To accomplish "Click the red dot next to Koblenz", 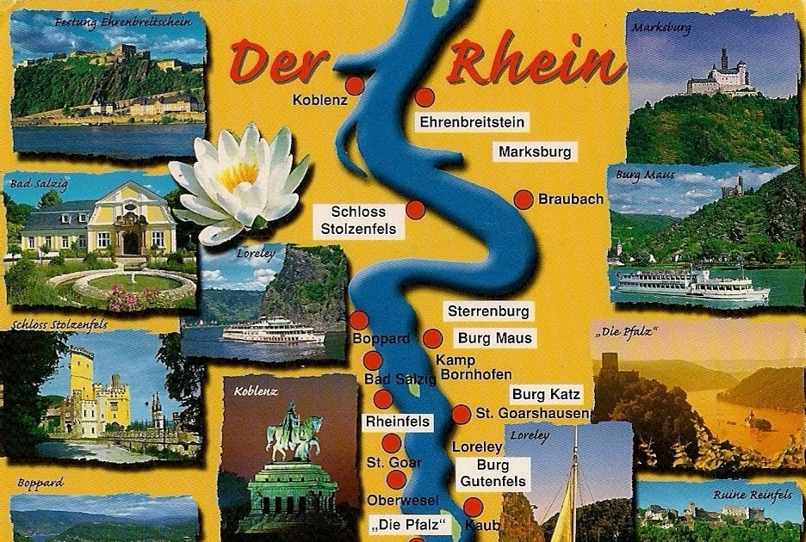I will (x=355, y=86).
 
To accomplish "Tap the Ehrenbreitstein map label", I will (x=472, y=122).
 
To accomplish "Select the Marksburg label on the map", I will (x=535, y=152).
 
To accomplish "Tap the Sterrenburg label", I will (x=488, y=311).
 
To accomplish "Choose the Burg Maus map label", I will (x=495, y=338).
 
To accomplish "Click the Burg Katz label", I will (x=547, y=395).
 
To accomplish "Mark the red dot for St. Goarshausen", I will (x=462, y=413).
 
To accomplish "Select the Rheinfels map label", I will (x=397, y=422).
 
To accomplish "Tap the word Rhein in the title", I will (x=537, y=61).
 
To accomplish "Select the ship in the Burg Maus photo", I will (x=689, y=283).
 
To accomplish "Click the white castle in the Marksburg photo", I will (x=722, y=77).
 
